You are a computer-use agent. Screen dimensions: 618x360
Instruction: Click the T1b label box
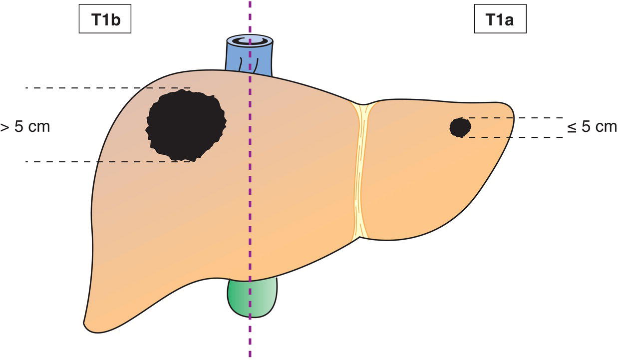[105, 19]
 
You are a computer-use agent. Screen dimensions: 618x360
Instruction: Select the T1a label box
[500, 19]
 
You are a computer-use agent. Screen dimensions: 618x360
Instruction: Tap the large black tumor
[186, 125]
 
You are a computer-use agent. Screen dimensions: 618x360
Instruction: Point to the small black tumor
[460, 127]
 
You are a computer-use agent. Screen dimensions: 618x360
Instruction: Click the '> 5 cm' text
[25, 127]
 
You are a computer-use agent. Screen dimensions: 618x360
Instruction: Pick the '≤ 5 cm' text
[592, 127]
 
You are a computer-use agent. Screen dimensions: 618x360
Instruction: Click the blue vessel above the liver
[250, 55]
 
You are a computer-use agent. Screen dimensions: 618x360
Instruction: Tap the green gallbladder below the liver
[252, 298]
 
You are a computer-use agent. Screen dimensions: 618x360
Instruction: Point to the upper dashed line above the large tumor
[108, 88]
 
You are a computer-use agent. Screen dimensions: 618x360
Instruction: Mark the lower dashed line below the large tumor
[108, 162]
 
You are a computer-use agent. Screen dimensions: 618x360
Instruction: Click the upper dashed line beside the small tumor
[512, 118]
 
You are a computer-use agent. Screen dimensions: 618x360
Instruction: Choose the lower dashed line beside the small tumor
[512, 137]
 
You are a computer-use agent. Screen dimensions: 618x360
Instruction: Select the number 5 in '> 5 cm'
[19, 127]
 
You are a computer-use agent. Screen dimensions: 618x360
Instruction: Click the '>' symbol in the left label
[4, 128]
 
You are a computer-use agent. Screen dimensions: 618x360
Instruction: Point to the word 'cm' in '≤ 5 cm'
[606, 128]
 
